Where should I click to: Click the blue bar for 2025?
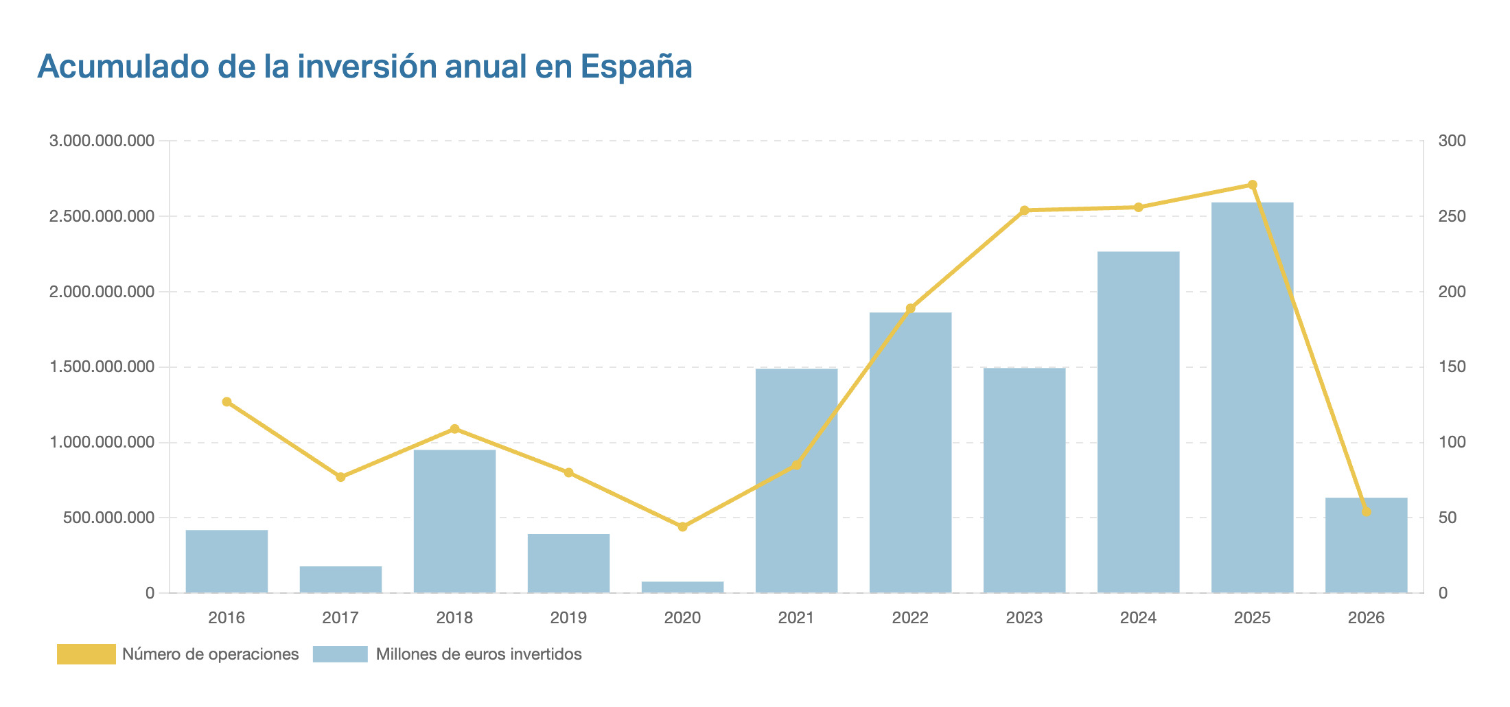(1252, 398)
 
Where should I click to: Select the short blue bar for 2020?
(682, 588)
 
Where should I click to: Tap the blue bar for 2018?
(454, 522)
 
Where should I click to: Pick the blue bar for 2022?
(910, 453)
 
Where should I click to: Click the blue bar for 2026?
(1366, 546)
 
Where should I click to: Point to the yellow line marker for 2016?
(226, 402)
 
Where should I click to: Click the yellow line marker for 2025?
(1252, 185)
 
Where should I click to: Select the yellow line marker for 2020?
(682, 526)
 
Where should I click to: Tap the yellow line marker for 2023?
(1024, 210)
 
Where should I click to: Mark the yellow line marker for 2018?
(454, 429)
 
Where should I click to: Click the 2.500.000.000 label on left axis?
(102, 217)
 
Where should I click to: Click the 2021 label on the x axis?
(796, 618)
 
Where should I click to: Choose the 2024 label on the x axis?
(1138, 618)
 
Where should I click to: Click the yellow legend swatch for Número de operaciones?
(86, 654)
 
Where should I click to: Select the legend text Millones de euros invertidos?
(478, 654)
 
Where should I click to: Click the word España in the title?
(636, 67)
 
